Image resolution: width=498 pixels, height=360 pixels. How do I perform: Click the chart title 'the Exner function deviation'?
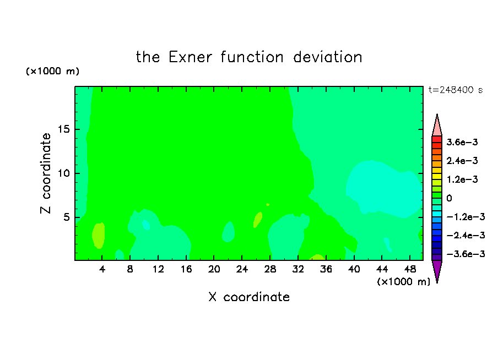[x=249, y=57]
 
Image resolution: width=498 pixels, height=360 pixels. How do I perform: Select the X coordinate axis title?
[x=249, y=297]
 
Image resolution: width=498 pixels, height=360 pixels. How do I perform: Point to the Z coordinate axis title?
[x=46, y=173]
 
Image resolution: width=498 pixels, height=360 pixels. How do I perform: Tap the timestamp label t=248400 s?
[x=456, y=90]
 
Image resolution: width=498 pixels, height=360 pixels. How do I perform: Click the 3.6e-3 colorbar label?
[x=462, y=142]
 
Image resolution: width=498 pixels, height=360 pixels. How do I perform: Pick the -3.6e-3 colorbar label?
[x=465, y=254]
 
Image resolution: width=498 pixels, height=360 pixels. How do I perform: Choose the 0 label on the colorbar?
[x=449, y=198]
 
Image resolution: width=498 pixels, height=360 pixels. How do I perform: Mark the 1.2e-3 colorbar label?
[x=462, y=179]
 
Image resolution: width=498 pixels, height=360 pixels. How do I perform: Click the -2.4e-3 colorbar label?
[x=465, y=236]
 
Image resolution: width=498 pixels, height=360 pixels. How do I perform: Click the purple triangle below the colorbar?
[x=437, y=270]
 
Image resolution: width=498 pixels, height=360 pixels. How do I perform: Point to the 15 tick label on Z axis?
[x=63, y=129]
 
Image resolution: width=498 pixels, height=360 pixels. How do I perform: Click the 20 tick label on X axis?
[x=214, y=270]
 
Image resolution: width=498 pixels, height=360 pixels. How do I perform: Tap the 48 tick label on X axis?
[x=410, y=270]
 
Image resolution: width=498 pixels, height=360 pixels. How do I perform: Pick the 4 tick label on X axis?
[x=102, y=270]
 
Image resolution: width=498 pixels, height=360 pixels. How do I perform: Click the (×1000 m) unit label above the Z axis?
[x=52, y=71]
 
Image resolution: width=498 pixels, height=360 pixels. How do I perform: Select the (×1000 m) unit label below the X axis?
[x=403, y=282]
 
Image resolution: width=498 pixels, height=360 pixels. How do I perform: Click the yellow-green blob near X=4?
[x=99, y=236]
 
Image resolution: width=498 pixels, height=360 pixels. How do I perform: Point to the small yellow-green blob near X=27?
[x=258, y=220]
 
